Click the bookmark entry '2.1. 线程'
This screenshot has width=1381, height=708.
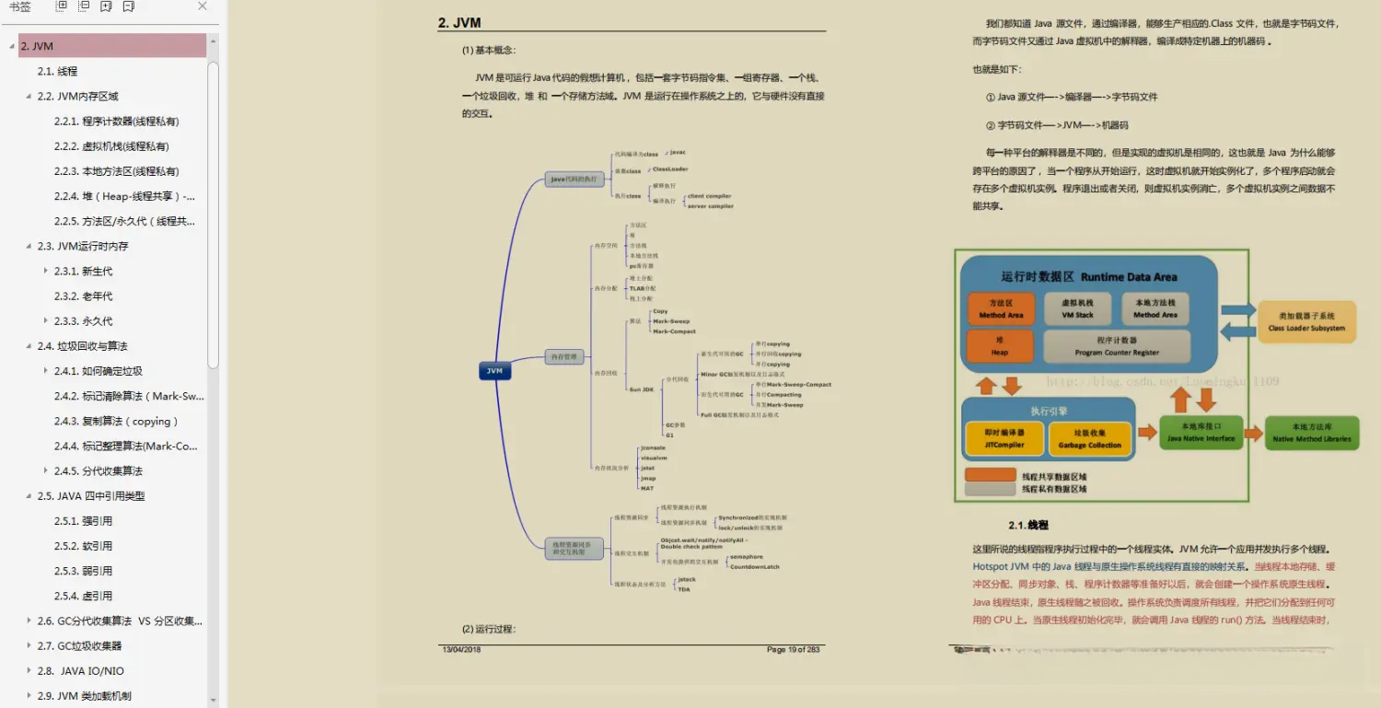(x=57, y=71)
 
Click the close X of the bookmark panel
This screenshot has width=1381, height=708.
(x=203, y=6)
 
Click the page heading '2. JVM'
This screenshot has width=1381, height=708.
(x=459, y=23)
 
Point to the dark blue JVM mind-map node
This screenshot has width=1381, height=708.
(x=495, y=371)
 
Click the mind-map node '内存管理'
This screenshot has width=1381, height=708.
(x=563, y=357)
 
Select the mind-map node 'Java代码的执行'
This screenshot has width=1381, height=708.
(x=574, y=180)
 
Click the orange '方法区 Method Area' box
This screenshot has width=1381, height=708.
(x=1001, y=308)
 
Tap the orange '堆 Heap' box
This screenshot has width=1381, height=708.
(x=1000, y=346)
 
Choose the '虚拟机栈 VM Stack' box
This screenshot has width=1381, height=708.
(x=1077, y=308)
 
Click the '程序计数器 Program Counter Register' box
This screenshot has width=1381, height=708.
(x=1116, y=346)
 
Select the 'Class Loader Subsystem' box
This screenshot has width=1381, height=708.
(x=1306, y=322)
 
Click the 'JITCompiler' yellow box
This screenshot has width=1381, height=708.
(x=1004, y=439)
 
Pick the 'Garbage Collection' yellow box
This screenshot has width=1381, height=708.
(x=1089, y=439)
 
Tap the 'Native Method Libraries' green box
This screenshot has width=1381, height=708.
(x=1312, y=433)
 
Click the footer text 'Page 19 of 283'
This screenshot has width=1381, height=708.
(x=793, y=650)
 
